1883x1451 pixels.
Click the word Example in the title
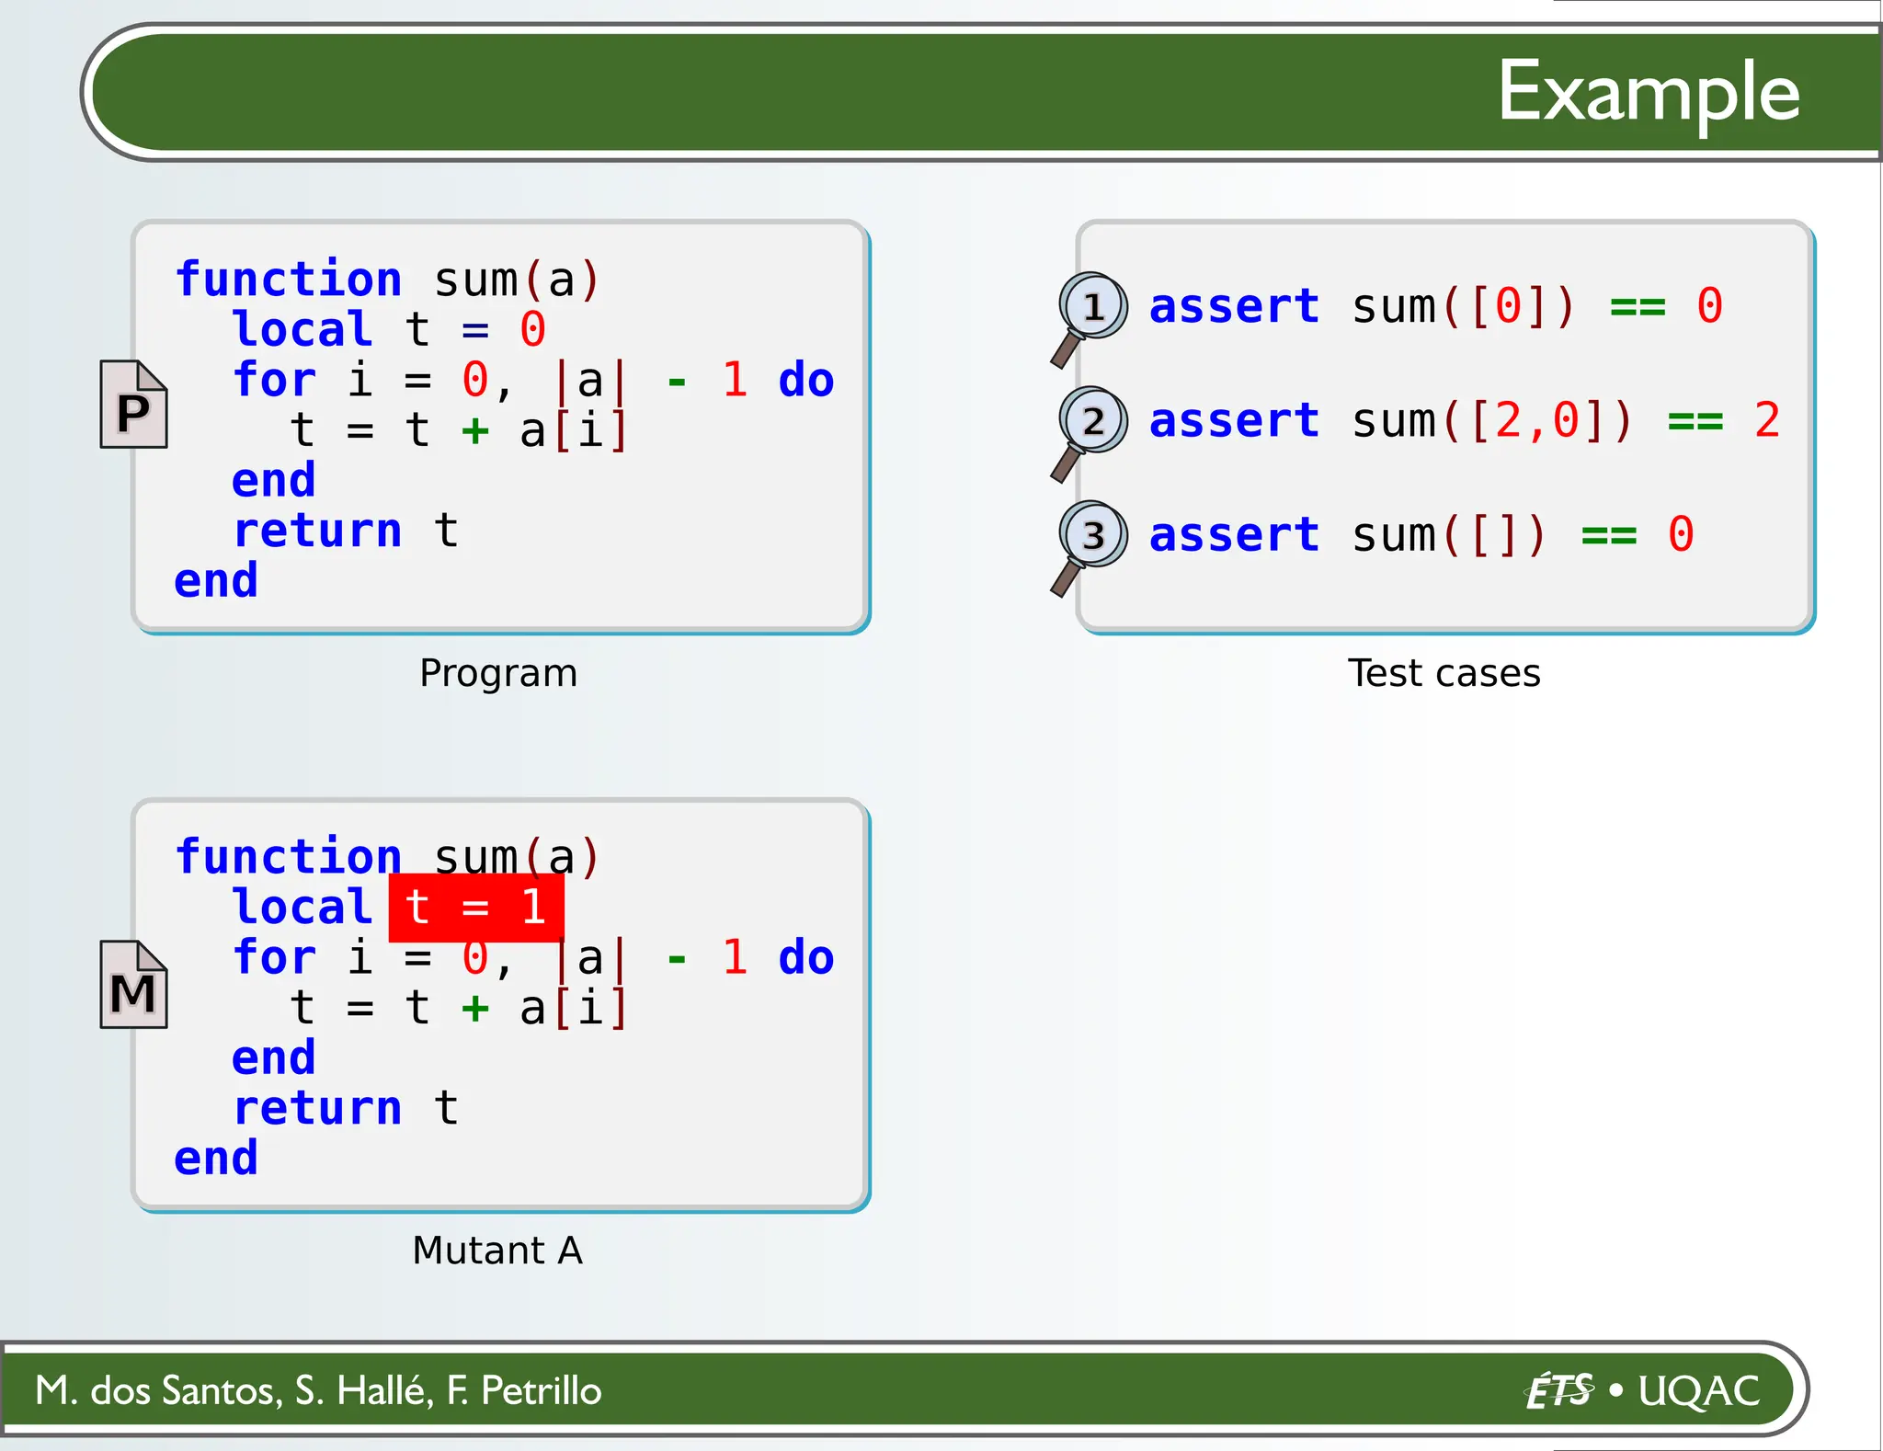coord(1648,92)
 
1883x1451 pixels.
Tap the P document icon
coord(133,406)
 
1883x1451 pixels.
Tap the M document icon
coord(133,986)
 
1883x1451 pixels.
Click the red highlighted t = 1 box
coord(475,908)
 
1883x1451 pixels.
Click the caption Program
coord(498,673)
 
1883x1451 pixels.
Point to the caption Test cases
coord(1444,673)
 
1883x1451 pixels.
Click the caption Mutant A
coord(497,1251)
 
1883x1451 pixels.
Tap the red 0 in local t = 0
coord(532,329)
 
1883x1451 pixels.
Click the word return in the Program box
coord(317,531)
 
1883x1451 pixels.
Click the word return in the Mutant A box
coord(317,1108)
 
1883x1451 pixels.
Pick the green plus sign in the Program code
coord(474,430)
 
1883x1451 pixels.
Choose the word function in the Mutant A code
coord(288,856)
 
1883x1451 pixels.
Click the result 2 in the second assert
coord(1766,420)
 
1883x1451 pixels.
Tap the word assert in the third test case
coord(1234,534)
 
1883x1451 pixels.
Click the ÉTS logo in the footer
coord(1559,1390)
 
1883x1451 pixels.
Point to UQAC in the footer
coord(1698,1390)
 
